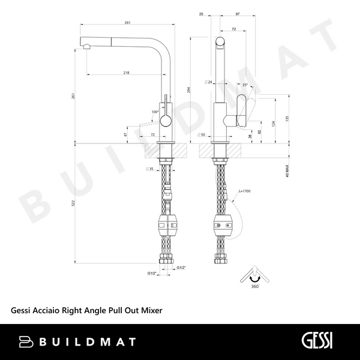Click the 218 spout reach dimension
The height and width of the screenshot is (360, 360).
coord(126,73)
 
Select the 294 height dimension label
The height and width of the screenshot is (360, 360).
coord(189,90)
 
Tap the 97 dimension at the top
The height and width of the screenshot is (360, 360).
coord(238,14)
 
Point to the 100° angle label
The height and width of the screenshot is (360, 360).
coord(155,112)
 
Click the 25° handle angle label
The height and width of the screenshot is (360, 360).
coord(245,85)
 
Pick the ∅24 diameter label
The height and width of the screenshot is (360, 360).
coord(208,82)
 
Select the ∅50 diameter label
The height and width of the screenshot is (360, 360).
coord(202,135)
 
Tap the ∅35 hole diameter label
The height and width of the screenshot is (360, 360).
coord(149,169)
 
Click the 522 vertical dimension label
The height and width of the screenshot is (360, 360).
coord(73,203)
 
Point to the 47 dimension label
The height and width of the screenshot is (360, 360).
coord(125,134)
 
